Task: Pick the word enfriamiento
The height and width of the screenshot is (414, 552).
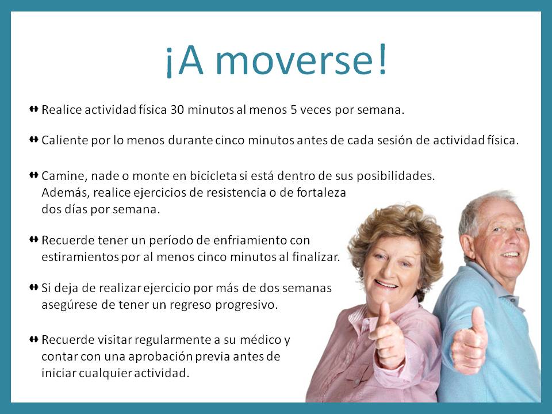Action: coord(249,240)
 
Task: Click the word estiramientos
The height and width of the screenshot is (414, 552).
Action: coord(80,257)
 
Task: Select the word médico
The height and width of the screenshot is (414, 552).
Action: coord(260,339)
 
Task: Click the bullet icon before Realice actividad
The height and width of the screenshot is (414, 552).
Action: coord(33,109)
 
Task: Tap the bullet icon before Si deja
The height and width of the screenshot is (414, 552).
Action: coord(33,287)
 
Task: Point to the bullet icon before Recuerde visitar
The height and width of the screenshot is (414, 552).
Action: coord(33,339)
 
